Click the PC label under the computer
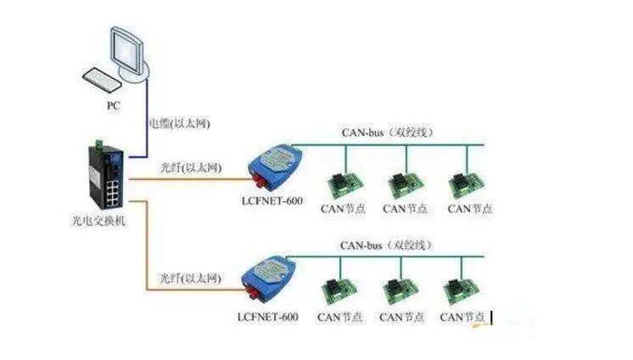point(115,106)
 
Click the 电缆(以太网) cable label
point(179,124)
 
